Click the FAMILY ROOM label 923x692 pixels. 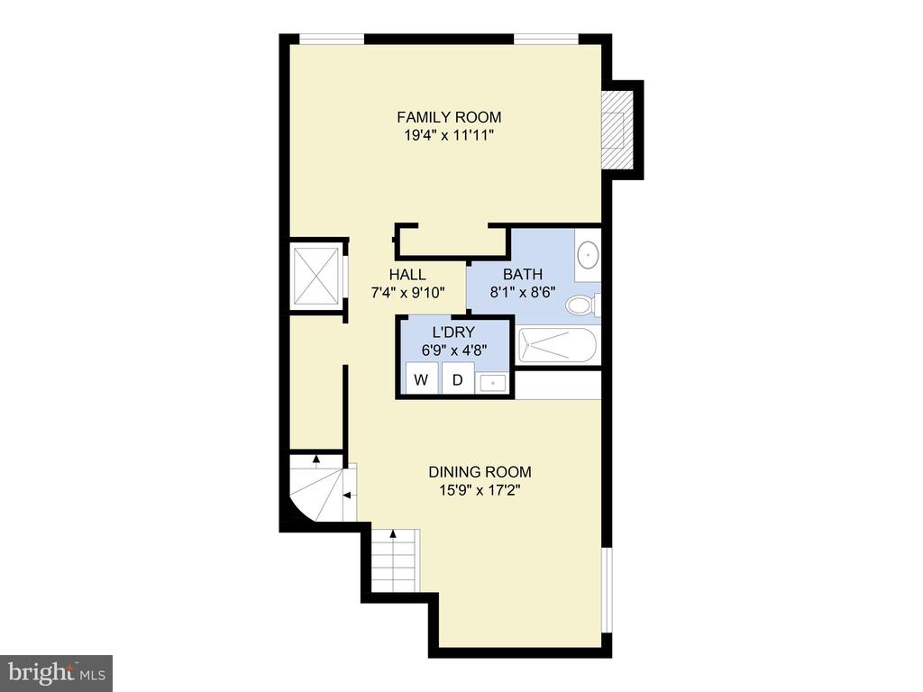tap(449, 117)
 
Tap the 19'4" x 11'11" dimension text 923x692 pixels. tap(449, 135)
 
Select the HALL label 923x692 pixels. tap(407, 274)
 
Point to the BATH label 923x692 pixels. tap(523, 274)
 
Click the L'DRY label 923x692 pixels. tap(453, 332)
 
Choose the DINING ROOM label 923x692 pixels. tap(480, 472)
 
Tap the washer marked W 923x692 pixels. tap(422, 378)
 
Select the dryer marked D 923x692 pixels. tap(458, 378)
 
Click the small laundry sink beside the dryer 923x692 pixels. tap(493, 383)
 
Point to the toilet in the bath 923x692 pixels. tap(583, 305)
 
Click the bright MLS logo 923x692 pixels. tap(57, 672)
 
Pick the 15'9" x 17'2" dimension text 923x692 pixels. tap(480, 490)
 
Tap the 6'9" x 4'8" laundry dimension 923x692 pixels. tap(454, 351)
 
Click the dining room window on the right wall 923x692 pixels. tap(607, 590)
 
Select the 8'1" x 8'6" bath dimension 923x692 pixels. tap(523, 293)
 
